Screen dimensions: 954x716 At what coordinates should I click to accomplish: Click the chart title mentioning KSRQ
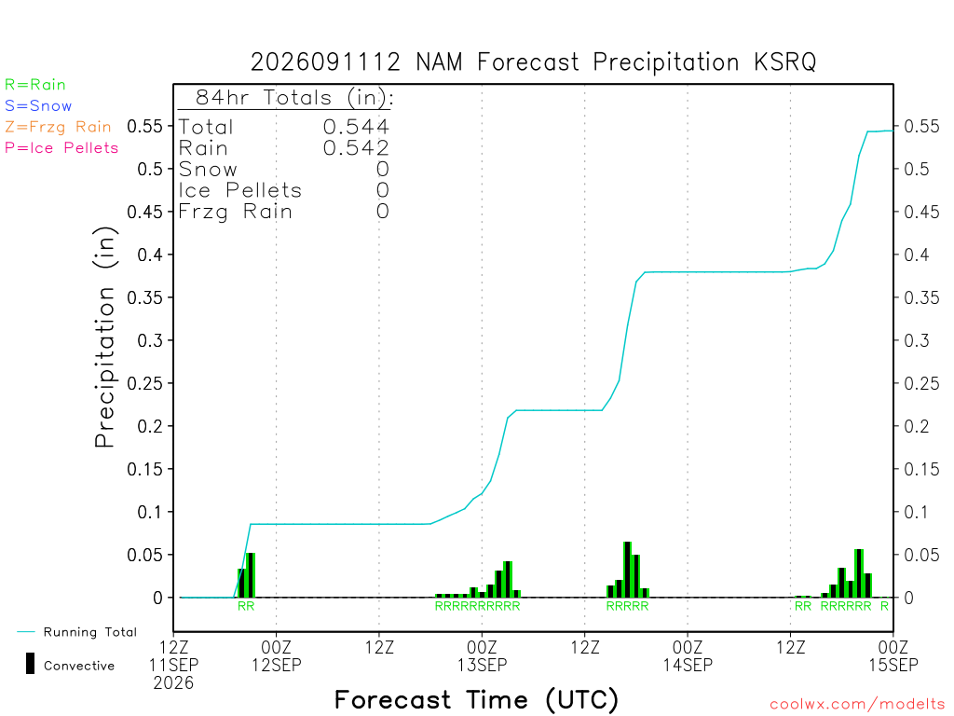pyautogui.click(x=533, y=62)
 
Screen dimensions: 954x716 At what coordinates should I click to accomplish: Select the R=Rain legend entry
pyautogui.click(x=35, y=85)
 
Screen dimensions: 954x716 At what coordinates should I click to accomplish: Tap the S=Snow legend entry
pyautogui.click(x=38, y=106)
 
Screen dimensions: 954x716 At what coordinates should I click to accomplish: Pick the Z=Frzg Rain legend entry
pyautogui.click(x=59, y=127)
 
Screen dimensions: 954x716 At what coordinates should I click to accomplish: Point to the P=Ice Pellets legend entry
pyautogui.click(x=61, y=148)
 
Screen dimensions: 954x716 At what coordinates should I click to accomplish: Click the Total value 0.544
pyautogui.click(x=356, y=127)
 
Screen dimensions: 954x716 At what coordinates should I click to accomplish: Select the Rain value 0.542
pyautogui.click(x=356, y=148)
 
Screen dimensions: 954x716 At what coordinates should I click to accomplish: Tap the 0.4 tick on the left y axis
pyautogui.click(x=150, y=255)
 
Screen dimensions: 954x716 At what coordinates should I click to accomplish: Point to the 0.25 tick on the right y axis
pyautogui.click(x=921, y=383)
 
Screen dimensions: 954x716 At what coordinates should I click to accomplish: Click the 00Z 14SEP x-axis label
pyautogui.click(x=688, y=655)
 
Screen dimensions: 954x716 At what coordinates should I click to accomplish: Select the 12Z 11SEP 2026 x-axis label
pyautogui.click(x=173, y=665)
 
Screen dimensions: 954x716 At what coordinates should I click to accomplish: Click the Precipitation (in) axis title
pyautogui.click(x=104, y=337)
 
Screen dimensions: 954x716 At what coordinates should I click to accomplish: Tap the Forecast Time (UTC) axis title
pyautogui.click(x=476, y=699)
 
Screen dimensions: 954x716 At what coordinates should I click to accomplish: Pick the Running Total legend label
pyautogui.click(x=90, y=632)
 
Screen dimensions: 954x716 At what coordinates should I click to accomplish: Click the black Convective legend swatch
pyautogui.click(x=30, y=664)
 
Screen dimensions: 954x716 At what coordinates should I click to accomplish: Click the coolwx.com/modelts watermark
pyautogui.click(x=858, y=705)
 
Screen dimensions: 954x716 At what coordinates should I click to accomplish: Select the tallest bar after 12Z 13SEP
pyautogui.click(x=627, y=570)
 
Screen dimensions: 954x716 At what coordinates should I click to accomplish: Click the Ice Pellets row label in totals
pyautogui.click(x=239, y=190)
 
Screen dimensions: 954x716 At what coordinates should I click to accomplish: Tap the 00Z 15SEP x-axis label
pyautogui.click(x=893, y=655)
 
